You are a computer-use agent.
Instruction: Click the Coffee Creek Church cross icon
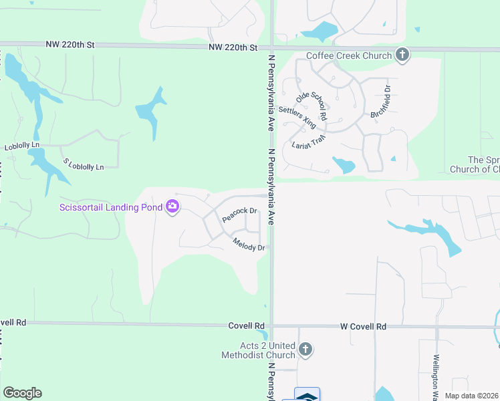pos(402,55)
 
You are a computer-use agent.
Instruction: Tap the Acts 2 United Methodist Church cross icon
pos(305,350)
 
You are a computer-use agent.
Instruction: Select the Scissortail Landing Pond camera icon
pos(172,207)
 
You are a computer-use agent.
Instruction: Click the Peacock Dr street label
pos(239,215)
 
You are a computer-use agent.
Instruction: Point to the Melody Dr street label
pos(249,245)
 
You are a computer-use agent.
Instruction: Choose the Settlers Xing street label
pos(297,117)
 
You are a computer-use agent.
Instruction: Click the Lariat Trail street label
pos(307,141)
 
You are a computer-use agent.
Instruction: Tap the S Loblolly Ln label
pos(84,164)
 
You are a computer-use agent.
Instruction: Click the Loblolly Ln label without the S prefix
pos(22,145)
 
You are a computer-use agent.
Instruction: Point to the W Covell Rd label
pos(363,327)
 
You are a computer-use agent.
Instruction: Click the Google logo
pos(22,393)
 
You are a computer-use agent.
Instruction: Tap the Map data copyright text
pos(472,396)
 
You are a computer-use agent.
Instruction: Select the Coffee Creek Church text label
pos(349,55)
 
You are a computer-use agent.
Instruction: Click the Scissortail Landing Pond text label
pos(111,207)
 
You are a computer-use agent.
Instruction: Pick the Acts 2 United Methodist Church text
pos(258,350)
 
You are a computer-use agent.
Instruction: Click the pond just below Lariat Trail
pos(344,165)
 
